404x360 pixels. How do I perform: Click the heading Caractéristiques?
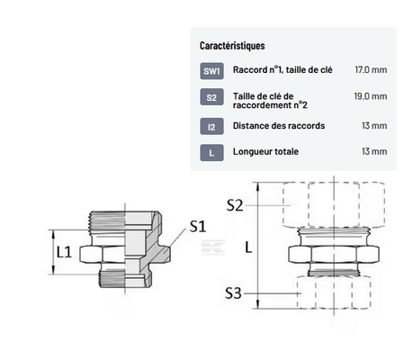point(232,46)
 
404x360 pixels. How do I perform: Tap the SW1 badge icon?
point(211,71)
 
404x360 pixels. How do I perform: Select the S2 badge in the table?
point(211,97)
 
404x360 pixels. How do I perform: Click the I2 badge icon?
point(211,126)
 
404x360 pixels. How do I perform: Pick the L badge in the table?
point(211,153)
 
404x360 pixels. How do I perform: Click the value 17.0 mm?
point(371,69)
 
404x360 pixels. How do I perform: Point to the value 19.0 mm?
point(371,96)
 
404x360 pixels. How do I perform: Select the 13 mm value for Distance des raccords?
point(374,125)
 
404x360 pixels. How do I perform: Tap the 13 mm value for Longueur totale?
point(374,151)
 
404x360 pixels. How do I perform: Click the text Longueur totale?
point(265,151)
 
